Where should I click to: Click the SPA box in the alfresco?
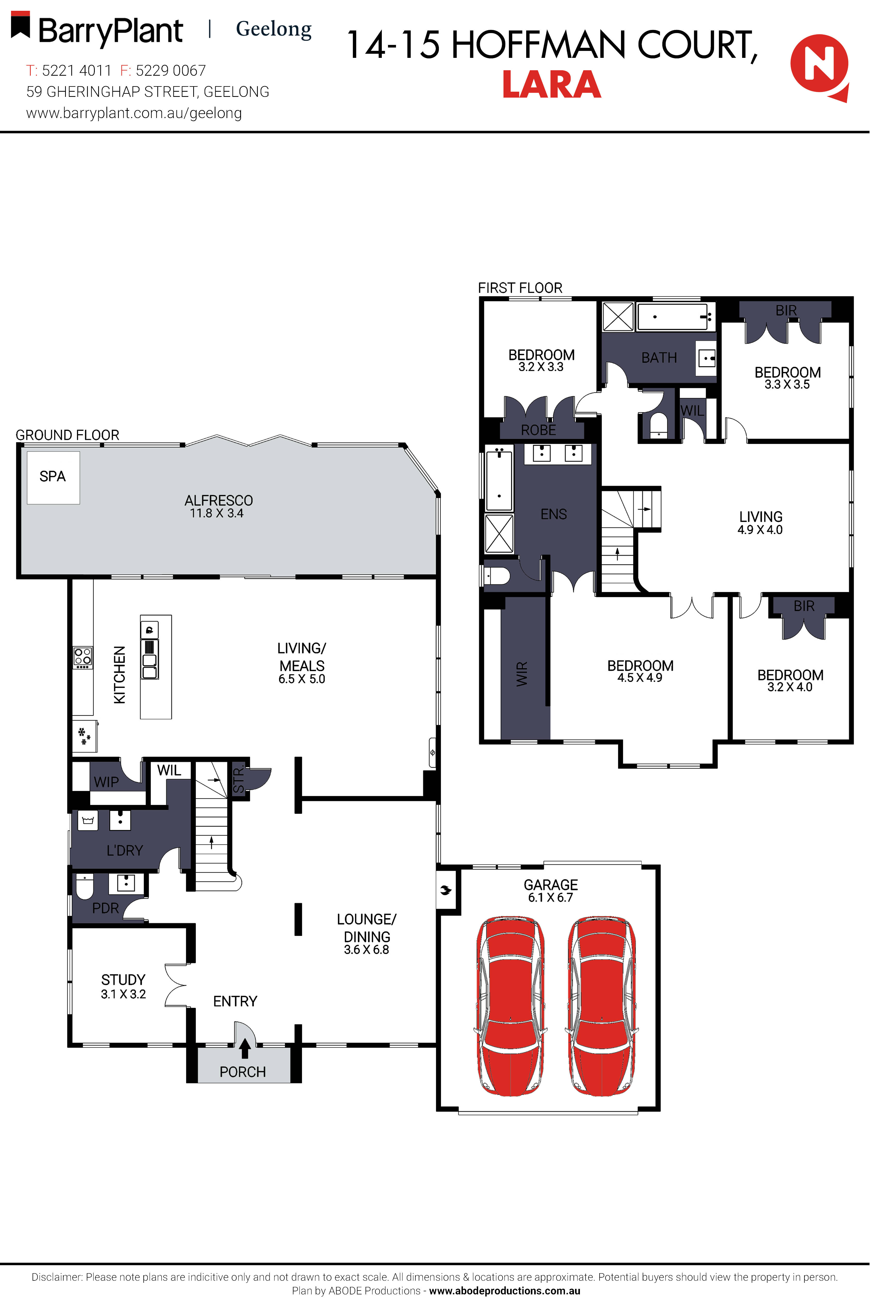coord(53,477)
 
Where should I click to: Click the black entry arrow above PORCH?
coord(244,1048)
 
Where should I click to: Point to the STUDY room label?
coord(123,980)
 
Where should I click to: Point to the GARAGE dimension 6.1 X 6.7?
coord(550,898)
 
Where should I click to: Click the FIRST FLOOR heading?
coord(520,288)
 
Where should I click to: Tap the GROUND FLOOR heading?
coord(67,435)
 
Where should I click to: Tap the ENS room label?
coord(554,514)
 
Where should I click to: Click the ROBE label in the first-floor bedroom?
coord(538,430)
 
